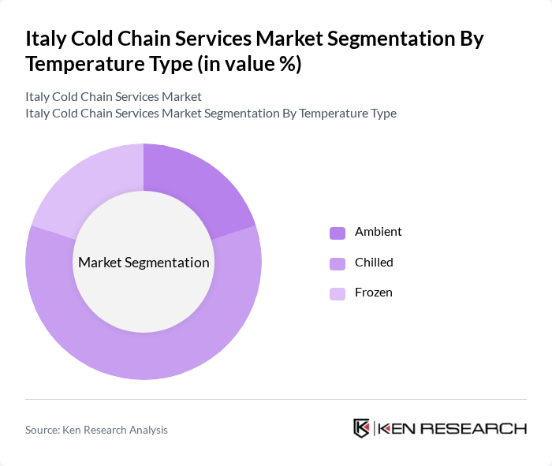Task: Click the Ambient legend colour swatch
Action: (x=338, y=233)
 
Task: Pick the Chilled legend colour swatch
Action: (x=338, y=263)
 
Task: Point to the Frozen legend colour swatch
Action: (x=338, y=293)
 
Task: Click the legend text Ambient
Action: (x=378, y=232)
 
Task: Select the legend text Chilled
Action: (x=374, y=262)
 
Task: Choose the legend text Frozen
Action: (x=373, y=293)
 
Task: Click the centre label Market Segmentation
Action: (x=144, y=263)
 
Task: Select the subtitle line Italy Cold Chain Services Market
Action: (x=114, y=96)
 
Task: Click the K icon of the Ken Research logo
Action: (x=362, y=428)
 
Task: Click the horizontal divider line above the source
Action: (x=276, y=400)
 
